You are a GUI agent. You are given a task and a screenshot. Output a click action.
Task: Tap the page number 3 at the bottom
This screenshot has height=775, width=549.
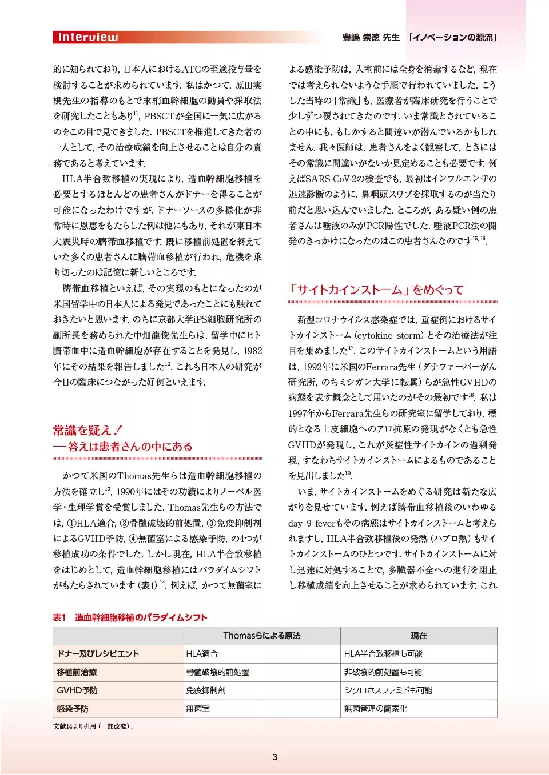click(274, 757)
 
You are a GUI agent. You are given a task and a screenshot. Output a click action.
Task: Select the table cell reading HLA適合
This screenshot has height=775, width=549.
click(202, 654)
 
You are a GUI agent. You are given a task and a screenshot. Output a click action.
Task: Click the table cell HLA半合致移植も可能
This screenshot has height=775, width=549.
click(383, 654)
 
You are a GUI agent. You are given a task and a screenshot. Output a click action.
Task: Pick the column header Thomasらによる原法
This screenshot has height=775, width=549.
click(262, 636)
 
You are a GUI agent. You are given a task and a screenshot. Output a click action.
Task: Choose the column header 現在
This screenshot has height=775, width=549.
click(419, 636)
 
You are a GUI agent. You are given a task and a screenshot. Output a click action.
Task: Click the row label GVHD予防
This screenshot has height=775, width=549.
click(77, 690)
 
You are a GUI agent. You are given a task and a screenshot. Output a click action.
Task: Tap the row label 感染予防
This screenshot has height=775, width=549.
click(73, 709)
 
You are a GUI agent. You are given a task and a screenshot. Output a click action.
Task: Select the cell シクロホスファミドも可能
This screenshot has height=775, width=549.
click(388, 690)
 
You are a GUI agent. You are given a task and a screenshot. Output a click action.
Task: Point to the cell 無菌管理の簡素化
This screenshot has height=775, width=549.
click(376, 709)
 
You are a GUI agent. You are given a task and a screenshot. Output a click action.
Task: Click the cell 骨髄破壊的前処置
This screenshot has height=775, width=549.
click(217, 672)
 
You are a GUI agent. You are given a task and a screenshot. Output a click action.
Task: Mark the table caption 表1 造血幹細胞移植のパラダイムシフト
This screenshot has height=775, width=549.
click(130, 617)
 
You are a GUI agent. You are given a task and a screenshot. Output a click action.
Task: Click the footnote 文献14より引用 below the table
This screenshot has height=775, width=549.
click(93, 726)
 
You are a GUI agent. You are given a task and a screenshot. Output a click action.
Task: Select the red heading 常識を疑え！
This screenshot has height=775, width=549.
click(87, 430)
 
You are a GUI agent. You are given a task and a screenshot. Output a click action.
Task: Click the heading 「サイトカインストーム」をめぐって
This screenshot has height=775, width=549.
click(376, 290)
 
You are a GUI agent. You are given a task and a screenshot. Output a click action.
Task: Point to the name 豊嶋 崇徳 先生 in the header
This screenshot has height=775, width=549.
click(371, 38)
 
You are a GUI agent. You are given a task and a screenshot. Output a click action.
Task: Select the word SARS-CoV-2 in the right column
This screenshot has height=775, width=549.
click(331, 179)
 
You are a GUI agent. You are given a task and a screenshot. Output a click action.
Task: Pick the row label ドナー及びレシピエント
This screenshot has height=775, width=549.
click(98, 654)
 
